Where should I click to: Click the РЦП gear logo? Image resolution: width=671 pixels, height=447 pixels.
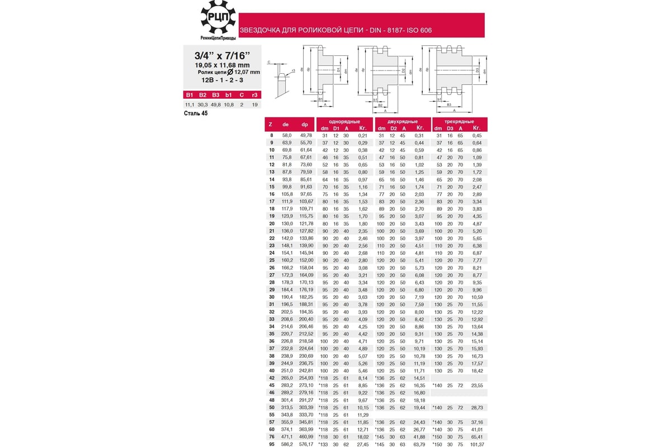click(218, 20)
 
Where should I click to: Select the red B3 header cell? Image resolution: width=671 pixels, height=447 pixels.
click(216, 95)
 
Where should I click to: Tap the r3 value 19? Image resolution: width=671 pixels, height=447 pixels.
click(254, 104)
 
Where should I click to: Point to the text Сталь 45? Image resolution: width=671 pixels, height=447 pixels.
click(196, 113)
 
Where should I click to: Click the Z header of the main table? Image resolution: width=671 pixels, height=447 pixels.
click(271, 125)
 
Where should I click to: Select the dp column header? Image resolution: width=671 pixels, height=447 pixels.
click(305, 125)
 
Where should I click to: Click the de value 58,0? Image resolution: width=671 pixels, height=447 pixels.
click(286, 135)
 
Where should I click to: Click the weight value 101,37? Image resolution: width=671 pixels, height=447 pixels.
click(477, 444)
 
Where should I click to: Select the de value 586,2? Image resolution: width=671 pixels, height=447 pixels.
click(286, 444)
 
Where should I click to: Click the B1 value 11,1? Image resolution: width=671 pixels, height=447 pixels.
click(190, 104)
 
